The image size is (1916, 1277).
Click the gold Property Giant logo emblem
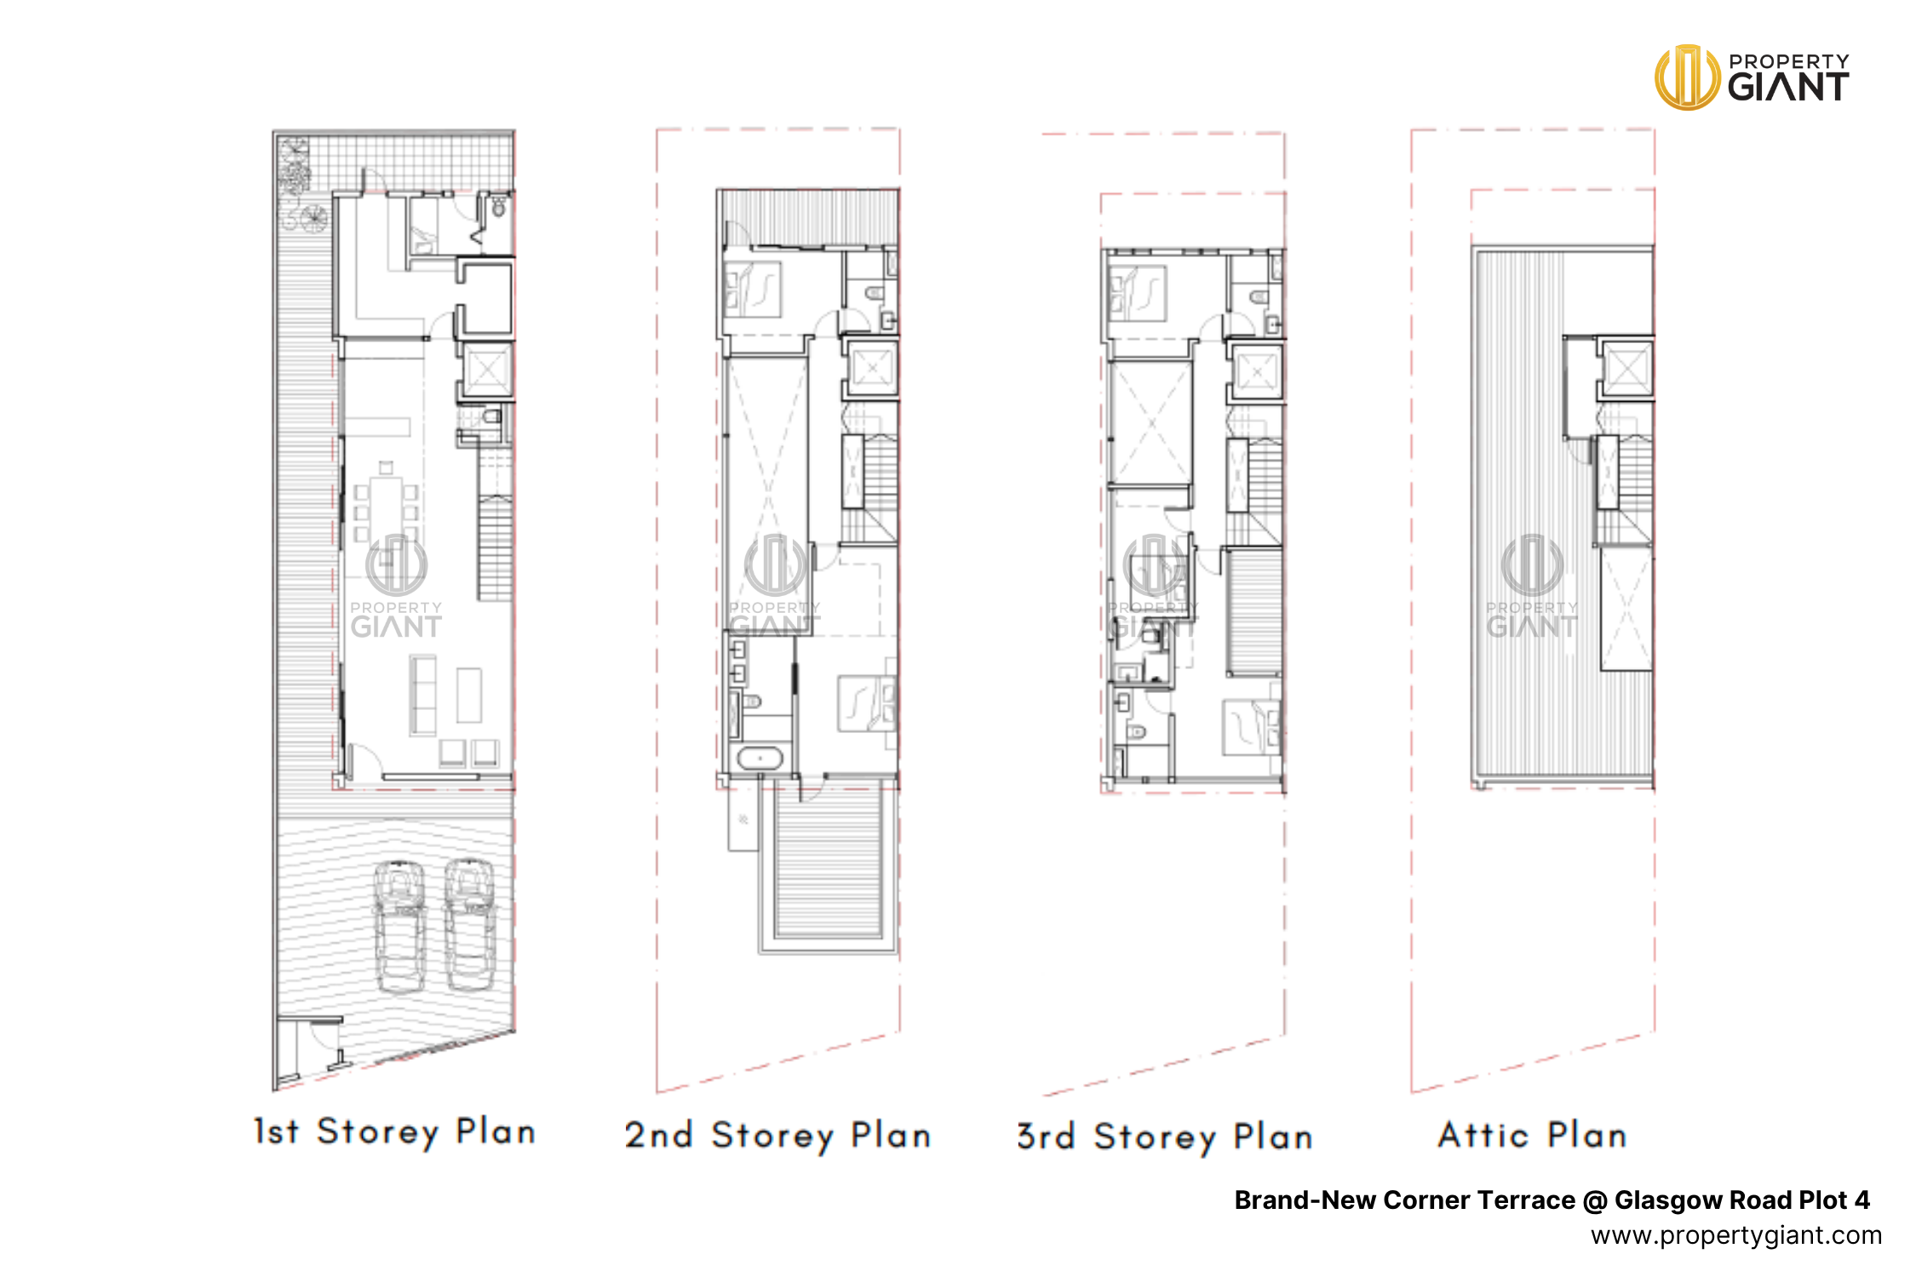(x=1687, y=77)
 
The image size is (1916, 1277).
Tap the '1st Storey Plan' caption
(x=395, y=1131)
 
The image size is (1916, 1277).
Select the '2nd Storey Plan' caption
(x=777, y=1136)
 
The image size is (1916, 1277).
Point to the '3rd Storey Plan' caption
(x=1165, y=1137)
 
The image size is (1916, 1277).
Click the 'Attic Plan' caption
(x=1533, y=1135)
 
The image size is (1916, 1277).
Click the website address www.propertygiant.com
(x=1736, y=1235)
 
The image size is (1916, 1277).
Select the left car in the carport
(x=400, y=926)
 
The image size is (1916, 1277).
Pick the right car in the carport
(x=469, y=925)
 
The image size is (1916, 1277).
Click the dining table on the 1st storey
(x=386, y=509)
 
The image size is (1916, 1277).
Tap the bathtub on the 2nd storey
(x=759, y=758)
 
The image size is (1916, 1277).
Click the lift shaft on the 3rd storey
(x=1256, y=372)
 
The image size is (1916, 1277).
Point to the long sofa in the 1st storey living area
(x=422, y=695)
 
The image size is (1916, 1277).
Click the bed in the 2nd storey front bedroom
(x=867, y=703)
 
